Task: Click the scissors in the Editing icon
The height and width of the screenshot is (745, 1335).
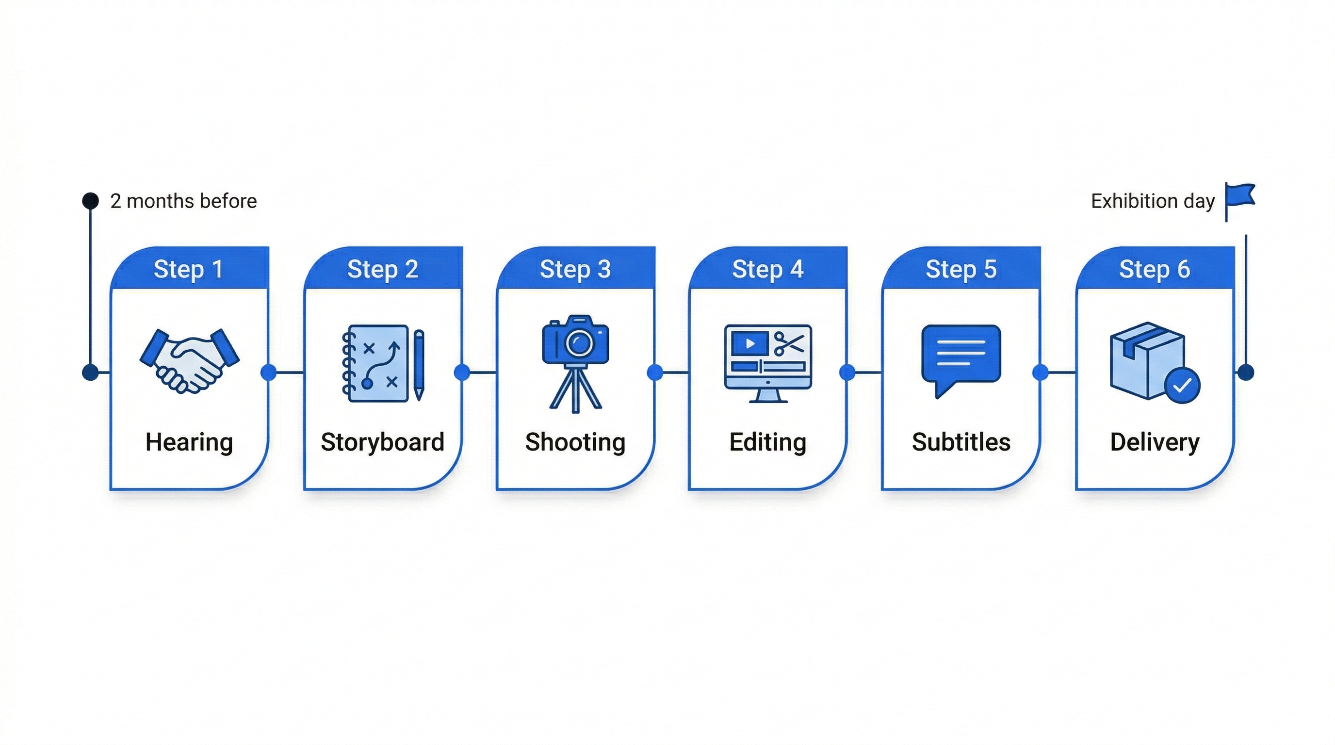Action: (x=789, y=344)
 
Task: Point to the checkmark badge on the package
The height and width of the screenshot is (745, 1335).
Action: (x=1182, y=386)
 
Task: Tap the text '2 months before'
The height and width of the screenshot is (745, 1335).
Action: (x=183, y=201)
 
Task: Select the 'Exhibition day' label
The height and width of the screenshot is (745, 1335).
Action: (x=1153, y=201)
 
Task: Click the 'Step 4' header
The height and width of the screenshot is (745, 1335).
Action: (x=767, y=269)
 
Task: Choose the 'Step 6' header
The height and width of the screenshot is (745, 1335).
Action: (x=1154, y=269)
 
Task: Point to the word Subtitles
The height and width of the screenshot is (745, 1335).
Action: (x=961, y=442)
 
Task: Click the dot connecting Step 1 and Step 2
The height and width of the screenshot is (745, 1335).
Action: (x=268, y=372)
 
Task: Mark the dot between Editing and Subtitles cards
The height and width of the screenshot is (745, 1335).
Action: (x=847, y=372)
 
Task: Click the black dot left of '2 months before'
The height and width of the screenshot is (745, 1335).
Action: (x=91, y=201)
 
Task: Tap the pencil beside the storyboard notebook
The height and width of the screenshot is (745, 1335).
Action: (x=419, y=365)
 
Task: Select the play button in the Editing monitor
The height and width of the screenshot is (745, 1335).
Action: (x=749, y=343)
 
